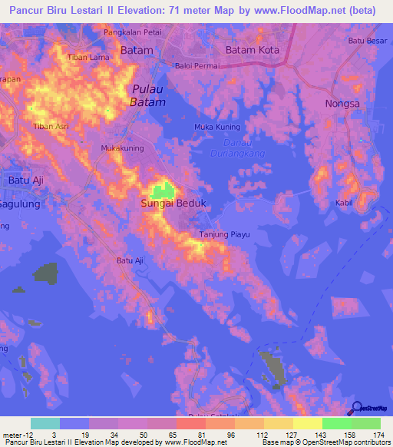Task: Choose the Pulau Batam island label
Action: click(147, 94)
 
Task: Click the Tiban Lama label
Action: click(85, 58)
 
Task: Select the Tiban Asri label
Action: click(51, 126)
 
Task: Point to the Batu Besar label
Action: click(368, 41)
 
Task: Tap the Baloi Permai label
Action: click(198, 66)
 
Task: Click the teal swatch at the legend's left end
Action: click(45, 423)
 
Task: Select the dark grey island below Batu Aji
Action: click(48, 273)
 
